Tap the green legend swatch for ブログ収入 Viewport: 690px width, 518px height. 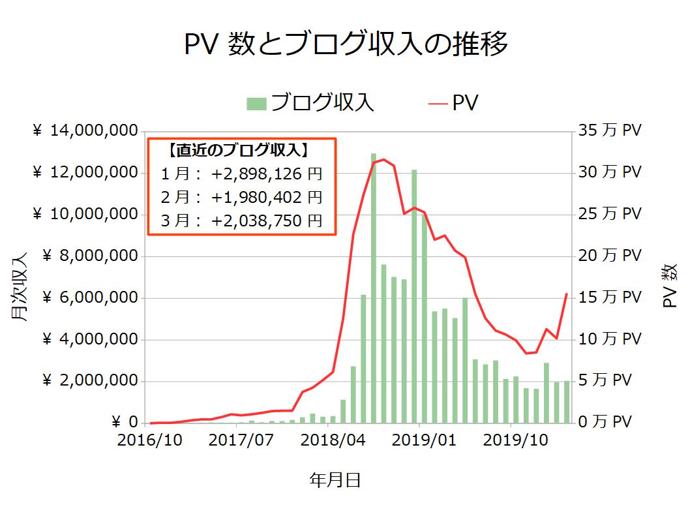[x=257, y=103]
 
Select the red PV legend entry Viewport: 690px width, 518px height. [x=454, y=103]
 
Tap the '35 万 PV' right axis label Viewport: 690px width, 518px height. [x=610, y=131]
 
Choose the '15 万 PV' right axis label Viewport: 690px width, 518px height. [x=610, y=297]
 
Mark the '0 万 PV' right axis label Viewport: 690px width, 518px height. [x=605, y=422]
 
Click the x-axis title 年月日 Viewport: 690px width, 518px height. [x=335, y=481]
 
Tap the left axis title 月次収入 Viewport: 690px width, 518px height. [x=20, y=287]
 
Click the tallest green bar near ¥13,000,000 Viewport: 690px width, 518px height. [x=374, y=287]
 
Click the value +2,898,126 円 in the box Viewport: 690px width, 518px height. [x=267, y=175]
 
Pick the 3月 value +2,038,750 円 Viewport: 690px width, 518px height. [x=267, y=221]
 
